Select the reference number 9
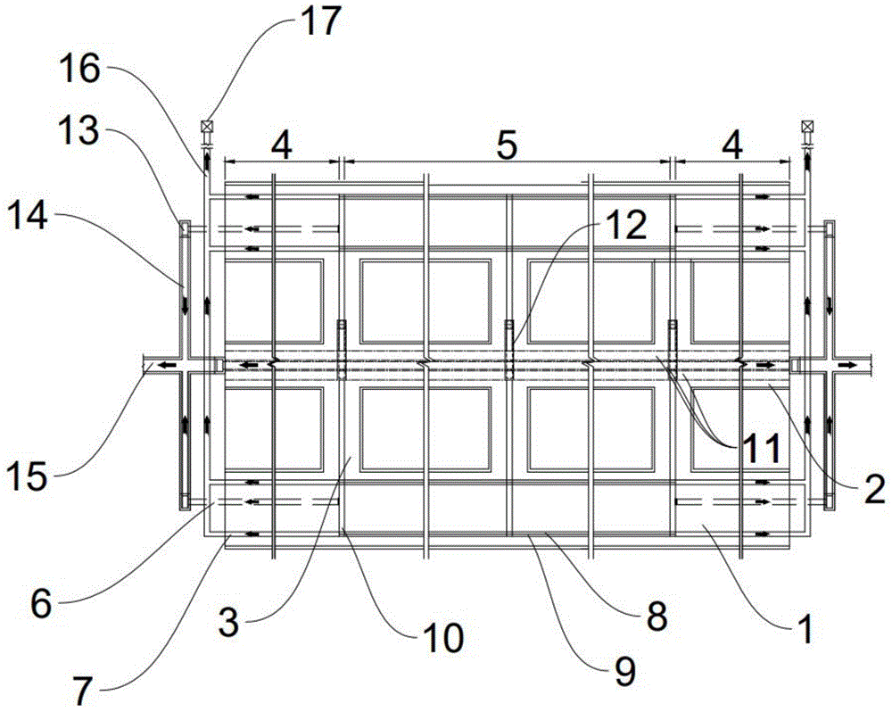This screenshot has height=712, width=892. [624, 672]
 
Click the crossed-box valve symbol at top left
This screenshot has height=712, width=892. [206, 126]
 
